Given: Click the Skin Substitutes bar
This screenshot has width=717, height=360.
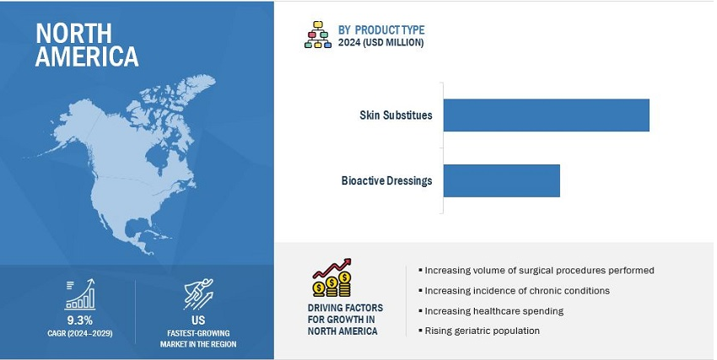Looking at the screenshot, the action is click(x=546, y=116).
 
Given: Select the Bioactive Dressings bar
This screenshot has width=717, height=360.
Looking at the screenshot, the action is click(x=502, y=180).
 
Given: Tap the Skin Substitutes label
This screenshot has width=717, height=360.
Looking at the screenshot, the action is click(x=396, y=116).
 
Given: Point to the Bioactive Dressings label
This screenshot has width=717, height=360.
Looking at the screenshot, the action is click(x=386, y=180).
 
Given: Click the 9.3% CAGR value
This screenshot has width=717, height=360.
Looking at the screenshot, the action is click(x=79, y=320).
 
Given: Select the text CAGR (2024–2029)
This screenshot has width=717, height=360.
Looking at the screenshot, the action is click(x=79, y=334).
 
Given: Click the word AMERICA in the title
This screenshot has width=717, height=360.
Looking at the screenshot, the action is click(x=86, y=56).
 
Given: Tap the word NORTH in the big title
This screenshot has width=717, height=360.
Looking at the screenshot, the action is click(x=73, y=34).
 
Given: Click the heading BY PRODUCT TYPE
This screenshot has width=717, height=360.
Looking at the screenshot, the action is click(x=381, y=30).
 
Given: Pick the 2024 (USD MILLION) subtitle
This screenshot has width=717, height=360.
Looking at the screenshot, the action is click(x=380, y=42).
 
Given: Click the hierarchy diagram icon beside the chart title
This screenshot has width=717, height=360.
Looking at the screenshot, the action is click(x=318, y=35).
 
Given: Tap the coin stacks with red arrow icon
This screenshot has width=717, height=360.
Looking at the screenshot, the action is click(x=332, y=277).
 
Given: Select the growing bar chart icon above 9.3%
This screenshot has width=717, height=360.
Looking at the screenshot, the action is click(x=80, y=295).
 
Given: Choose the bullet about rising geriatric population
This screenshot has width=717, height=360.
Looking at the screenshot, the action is click(x=479, y=330).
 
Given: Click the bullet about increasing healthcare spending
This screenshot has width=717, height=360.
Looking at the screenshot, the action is click(x=491, y=311).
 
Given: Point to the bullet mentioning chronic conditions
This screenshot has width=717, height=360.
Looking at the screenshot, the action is click(x=514, y=291).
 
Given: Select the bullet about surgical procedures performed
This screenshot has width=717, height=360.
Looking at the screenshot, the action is click(x=536, y=271).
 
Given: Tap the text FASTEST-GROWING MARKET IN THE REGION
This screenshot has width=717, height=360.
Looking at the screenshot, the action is click(x=198, y=339).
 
